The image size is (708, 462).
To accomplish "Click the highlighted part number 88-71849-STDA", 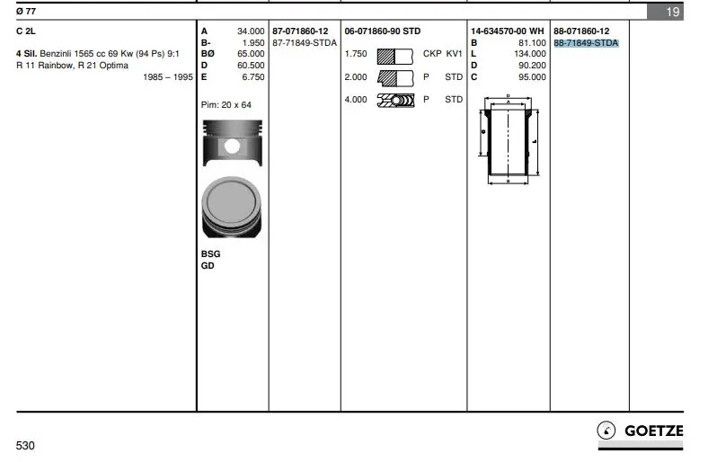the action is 586,43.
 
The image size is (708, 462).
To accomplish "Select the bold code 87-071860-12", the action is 300,31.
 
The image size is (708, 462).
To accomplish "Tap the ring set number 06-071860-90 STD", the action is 383,31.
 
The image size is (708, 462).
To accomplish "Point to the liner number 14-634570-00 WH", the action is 507,31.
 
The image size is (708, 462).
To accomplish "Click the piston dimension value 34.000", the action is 251,31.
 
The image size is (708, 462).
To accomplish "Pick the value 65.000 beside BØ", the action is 251,54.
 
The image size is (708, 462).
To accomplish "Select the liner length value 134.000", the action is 530,54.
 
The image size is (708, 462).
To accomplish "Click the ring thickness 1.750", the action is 356,54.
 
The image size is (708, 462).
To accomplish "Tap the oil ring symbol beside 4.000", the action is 395,100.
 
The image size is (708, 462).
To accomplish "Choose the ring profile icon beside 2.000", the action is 395,77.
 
